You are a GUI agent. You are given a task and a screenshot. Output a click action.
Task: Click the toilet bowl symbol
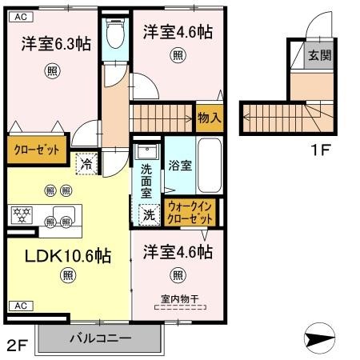[115, 33]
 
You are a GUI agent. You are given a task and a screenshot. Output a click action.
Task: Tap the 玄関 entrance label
[319, 55]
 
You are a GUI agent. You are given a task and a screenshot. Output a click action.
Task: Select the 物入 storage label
[210, 118]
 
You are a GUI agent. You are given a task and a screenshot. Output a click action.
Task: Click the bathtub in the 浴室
[210, 166]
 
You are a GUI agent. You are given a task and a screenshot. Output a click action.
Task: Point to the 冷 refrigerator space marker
[86, 164]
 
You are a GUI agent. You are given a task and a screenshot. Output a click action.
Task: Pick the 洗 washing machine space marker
[149, 215]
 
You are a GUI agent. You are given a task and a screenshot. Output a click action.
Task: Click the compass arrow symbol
[319, 338]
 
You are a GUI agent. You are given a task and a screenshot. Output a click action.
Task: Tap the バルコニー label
[101, 338]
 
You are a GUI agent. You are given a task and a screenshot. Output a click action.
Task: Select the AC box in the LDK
[21, 306]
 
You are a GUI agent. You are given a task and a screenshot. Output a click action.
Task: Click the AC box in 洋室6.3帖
[21, 17]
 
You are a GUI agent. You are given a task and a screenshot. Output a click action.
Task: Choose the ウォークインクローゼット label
[190, 213]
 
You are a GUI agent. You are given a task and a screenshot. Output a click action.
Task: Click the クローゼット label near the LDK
[37, 150]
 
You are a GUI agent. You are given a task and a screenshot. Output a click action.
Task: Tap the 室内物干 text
[180, 299]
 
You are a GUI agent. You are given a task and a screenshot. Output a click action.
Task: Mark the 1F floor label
[321, 150]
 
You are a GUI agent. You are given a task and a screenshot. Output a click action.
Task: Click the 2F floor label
[17, 346]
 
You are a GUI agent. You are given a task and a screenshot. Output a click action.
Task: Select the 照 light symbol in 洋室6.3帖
[52, 71]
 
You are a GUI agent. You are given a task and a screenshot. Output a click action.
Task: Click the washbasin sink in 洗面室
[146, 151]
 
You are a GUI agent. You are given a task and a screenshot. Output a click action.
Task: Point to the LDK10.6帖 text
[68, 256]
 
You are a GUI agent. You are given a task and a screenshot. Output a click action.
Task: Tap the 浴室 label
[180, 166]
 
